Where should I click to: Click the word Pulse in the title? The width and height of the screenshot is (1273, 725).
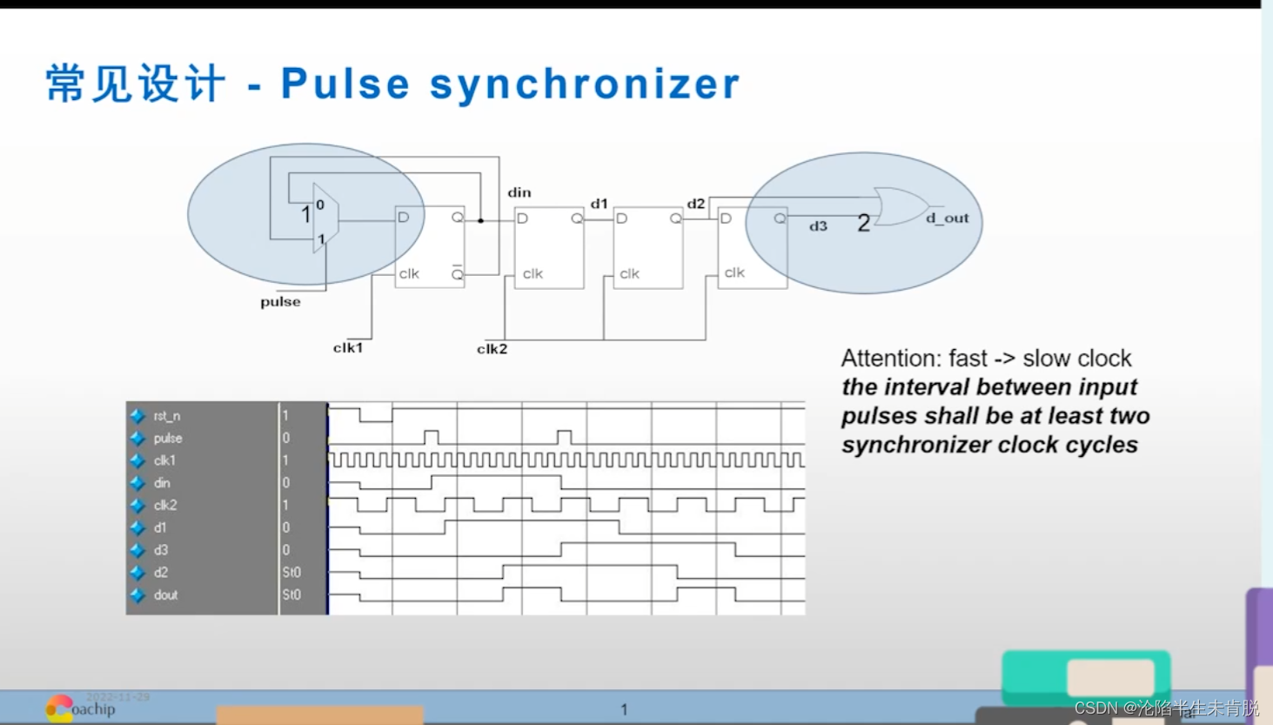click(x=345, y=84)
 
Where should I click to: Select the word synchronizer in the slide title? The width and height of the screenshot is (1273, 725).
click(x=585, y=84)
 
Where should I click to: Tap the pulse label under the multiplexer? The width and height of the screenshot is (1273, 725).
click(x=280, y=302)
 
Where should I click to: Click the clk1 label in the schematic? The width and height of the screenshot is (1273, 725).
click(x=347, y=348)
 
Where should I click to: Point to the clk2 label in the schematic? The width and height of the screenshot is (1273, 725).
click(x=492, y=349)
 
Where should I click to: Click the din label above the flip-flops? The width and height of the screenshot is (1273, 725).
click(x=519, y=192)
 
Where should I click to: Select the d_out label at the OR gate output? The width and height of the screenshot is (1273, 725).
click(x=947, y=218)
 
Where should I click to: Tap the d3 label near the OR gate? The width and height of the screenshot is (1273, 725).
click(x=818, y=226)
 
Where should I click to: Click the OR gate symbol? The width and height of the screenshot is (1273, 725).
click(x=901, y=206)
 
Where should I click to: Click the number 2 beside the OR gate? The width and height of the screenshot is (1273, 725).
click(x=863, y=224)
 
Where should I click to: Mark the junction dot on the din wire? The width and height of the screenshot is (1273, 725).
click(x=480, y=220)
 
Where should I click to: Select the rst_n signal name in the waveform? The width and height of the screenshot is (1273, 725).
click(x=166, y=416)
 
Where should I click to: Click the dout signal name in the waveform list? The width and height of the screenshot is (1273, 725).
click(x=165, y=595)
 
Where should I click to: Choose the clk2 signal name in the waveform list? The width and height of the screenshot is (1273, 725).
click(x=164, y=505)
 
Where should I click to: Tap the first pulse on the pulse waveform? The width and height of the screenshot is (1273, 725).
click(x=431, y=436)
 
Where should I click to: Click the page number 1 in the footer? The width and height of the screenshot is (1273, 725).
click(x=624, y=709)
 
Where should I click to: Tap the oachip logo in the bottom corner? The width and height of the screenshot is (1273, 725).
click(x=80, y=708)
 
